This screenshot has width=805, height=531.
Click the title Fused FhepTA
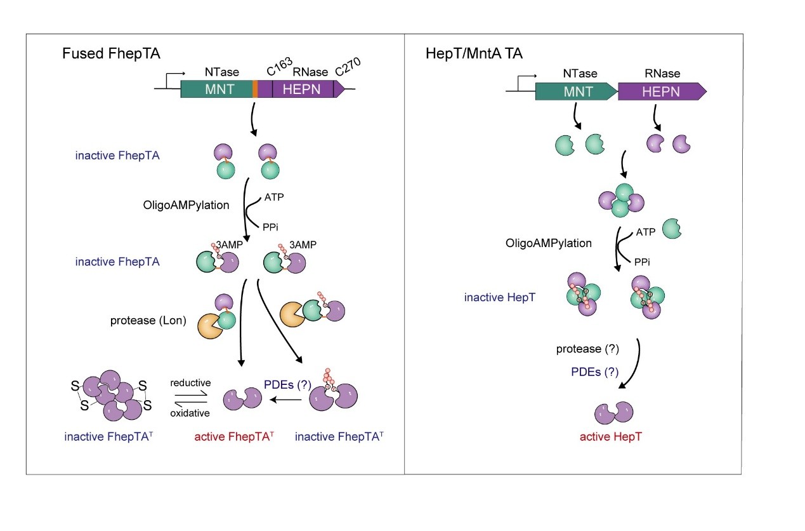click(111, 54)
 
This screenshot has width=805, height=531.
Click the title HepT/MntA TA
click(474, 54)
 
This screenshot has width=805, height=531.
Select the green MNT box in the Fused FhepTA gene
click(216, 90)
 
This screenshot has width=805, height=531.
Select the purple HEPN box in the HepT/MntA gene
click(660, 91)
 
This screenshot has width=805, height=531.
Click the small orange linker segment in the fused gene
click(255, 89)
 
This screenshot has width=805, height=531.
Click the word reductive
click(190, 382)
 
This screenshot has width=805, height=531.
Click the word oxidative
click(190, 413)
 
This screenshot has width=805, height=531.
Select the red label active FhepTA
click(233, 436)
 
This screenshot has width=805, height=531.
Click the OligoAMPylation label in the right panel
click(548, 243)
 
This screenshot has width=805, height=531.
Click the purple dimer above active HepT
click(614, 412)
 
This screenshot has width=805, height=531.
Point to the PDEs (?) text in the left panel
click(287, 384)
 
